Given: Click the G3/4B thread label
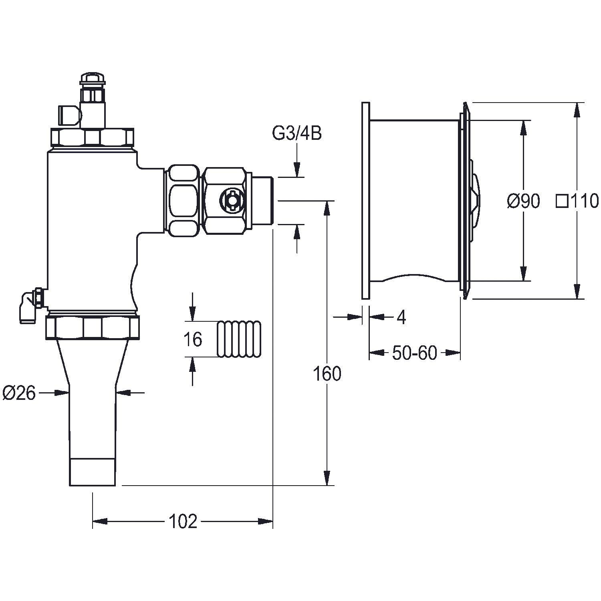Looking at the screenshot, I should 297,134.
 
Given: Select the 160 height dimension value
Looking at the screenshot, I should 327,374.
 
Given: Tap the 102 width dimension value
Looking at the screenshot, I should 183,521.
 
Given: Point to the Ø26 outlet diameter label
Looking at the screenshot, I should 19,393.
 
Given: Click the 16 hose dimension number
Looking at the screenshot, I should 193,339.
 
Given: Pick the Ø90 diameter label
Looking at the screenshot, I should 523,201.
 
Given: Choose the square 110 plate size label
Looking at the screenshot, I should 577,201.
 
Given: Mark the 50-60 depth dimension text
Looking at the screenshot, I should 414,353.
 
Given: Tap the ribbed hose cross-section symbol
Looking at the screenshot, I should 239,339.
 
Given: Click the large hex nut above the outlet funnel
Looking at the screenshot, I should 93,327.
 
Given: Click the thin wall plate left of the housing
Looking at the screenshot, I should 365,200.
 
